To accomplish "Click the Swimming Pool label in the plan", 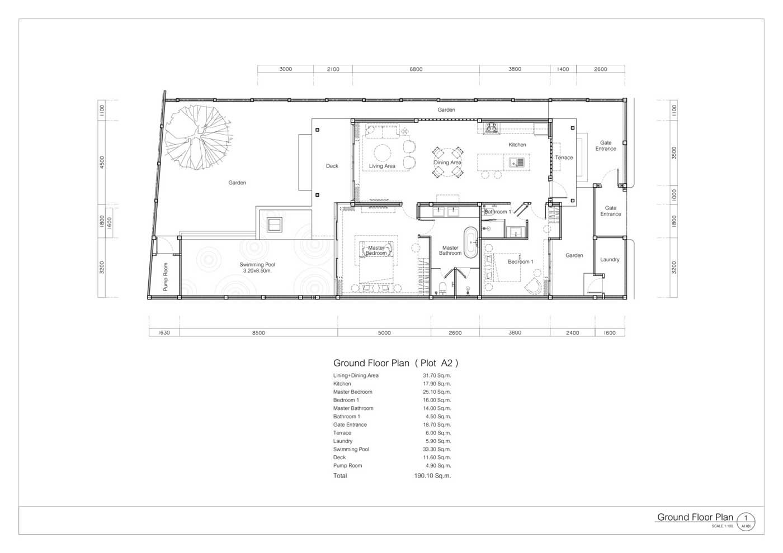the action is click(258, 268).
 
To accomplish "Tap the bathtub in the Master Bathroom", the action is click(470, 242).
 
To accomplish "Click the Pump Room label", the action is click(166, 277).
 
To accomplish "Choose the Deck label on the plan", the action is click(332, 166).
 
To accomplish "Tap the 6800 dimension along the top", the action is click(416, 69).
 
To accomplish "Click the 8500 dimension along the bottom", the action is click(258, 333).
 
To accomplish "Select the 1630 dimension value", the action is click(164, 333).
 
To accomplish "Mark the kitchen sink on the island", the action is click(516, 163).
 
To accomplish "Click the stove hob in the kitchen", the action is click(491, 128).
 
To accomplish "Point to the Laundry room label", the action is click(610, 259).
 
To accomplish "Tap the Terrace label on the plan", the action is click(564, 158).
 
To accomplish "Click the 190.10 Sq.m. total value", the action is click(432, 475).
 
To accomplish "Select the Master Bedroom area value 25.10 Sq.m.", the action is click(437, 392).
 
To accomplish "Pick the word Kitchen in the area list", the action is click(342, 383).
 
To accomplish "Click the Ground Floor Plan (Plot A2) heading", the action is click(396, 363).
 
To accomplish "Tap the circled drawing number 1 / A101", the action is click(746, 522).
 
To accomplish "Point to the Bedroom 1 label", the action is click(521, 261).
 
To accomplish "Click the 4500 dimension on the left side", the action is click(102, 163).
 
